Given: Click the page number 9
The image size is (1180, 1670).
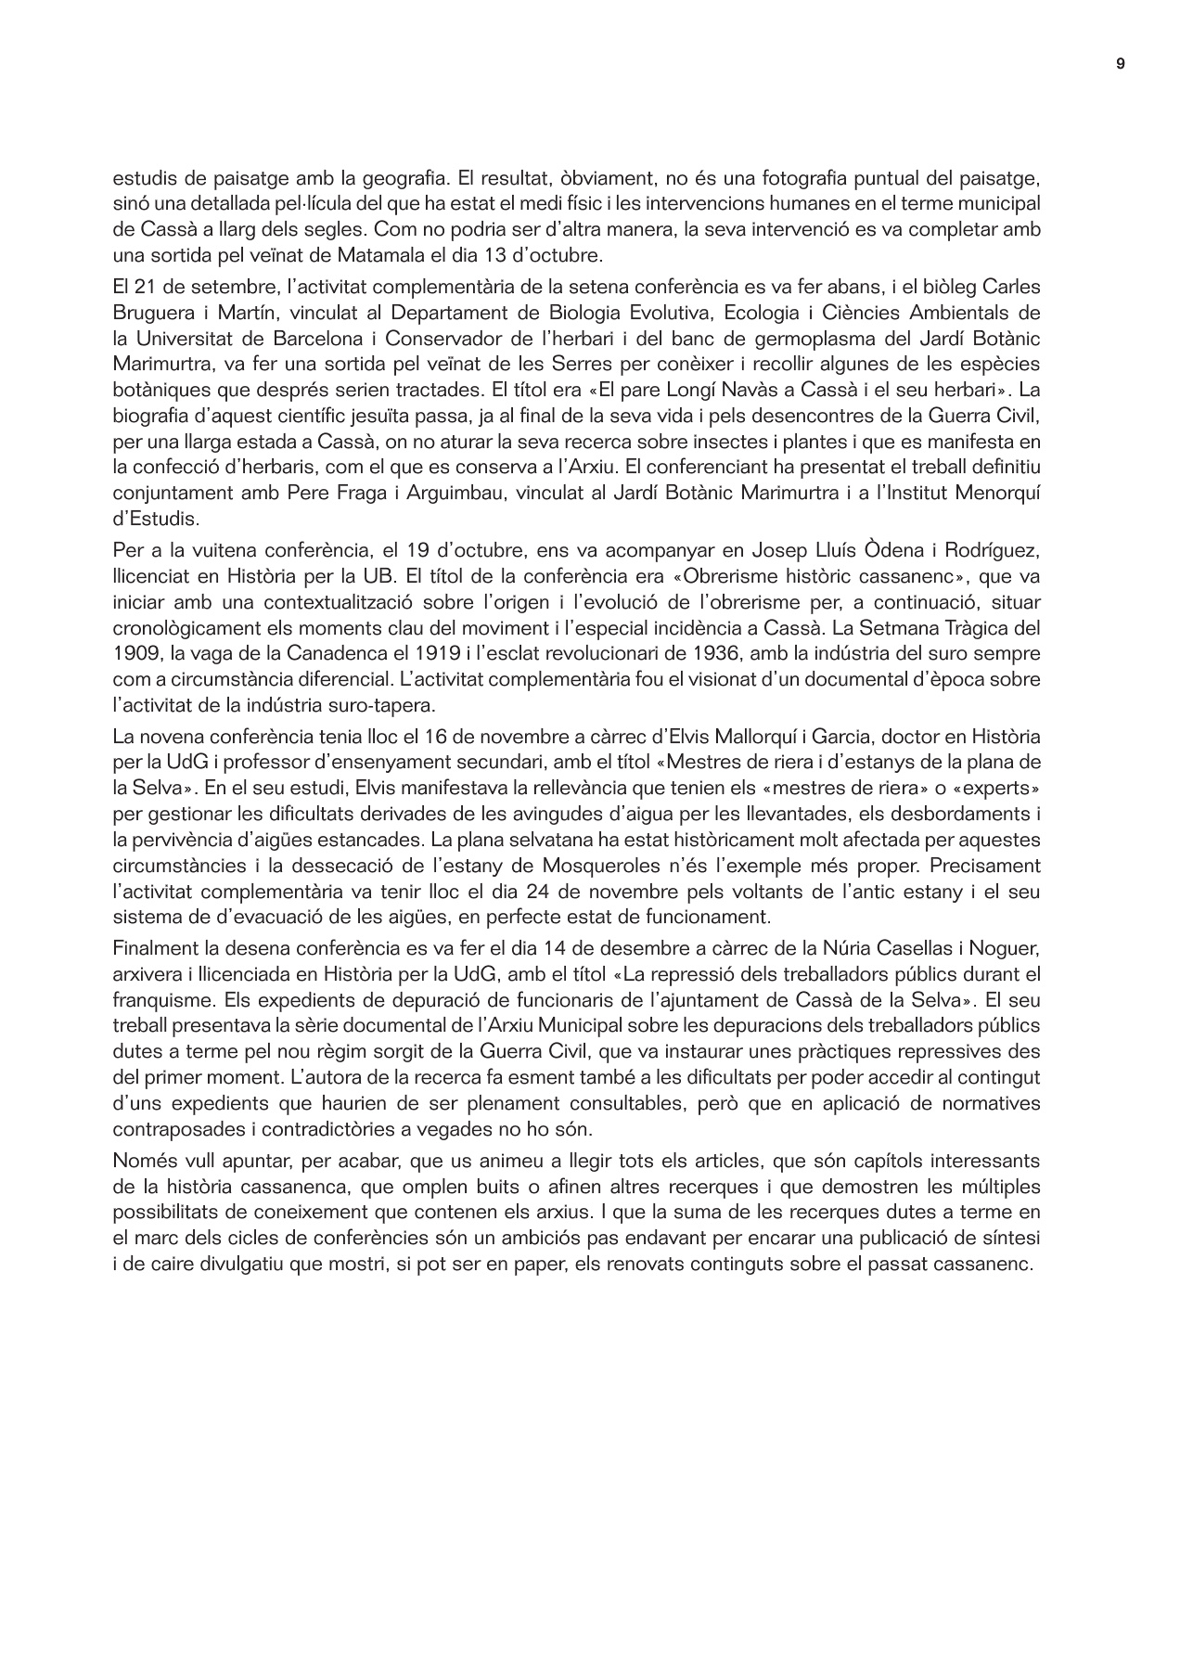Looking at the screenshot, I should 1121,64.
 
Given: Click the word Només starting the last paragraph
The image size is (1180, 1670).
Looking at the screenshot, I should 142,1160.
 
